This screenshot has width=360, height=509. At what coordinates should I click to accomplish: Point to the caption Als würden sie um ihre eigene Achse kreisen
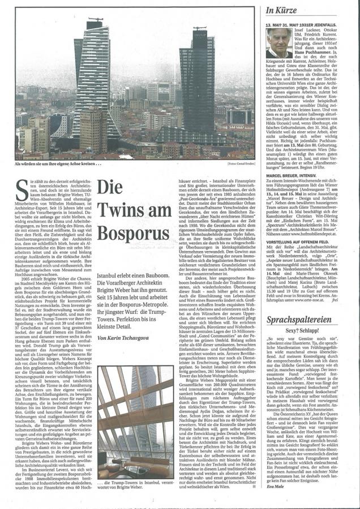(x=60, y=163)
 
